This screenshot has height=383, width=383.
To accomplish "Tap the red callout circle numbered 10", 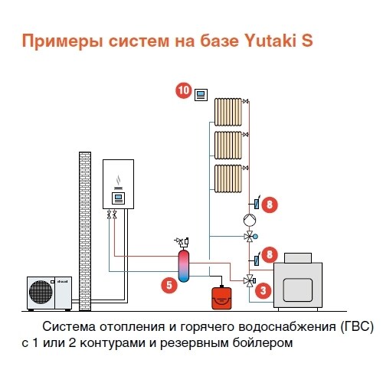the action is point(184,90).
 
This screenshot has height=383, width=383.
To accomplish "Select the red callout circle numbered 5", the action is point(169,285).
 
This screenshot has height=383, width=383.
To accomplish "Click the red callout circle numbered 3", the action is point(264,290).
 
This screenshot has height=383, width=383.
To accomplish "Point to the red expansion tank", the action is point(221,298).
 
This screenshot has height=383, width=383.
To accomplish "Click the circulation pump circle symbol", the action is point(250,220).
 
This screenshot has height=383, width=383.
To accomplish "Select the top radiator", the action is point(228,112).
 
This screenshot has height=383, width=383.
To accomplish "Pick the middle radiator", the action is point(228,145).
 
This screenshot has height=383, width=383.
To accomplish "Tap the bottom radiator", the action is point(228,178).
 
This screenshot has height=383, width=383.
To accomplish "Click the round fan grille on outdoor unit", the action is point(41,292).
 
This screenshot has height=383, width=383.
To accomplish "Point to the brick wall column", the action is point(85,231).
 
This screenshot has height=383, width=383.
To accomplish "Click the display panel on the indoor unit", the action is point(118,198).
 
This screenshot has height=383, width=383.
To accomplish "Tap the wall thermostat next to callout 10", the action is point(201,95).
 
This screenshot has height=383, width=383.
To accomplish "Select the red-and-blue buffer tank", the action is point(184,266).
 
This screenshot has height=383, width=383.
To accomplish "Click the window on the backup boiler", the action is point(298,290).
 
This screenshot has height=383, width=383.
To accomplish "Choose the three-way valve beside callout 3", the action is point(249,281).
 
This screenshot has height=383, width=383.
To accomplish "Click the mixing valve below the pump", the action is point(250,237).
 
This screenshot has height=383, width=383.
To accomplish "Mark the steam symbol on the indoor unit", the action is point(118,180).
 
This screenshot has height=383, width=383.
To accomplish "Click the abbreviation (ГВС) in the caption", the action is point(357,326).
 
